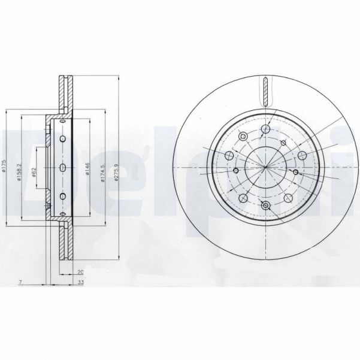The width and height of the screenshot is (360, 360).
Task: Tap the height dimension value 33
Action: tap(80, 280)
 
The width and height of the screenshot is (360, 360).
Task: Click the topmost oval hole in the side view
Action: tap(62, 139)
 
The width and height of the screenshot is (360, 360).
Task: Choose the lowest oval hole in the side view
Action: tap(62, 196)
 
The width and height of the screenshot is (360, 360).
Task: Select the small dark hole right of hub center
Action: tap(296, 171)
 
